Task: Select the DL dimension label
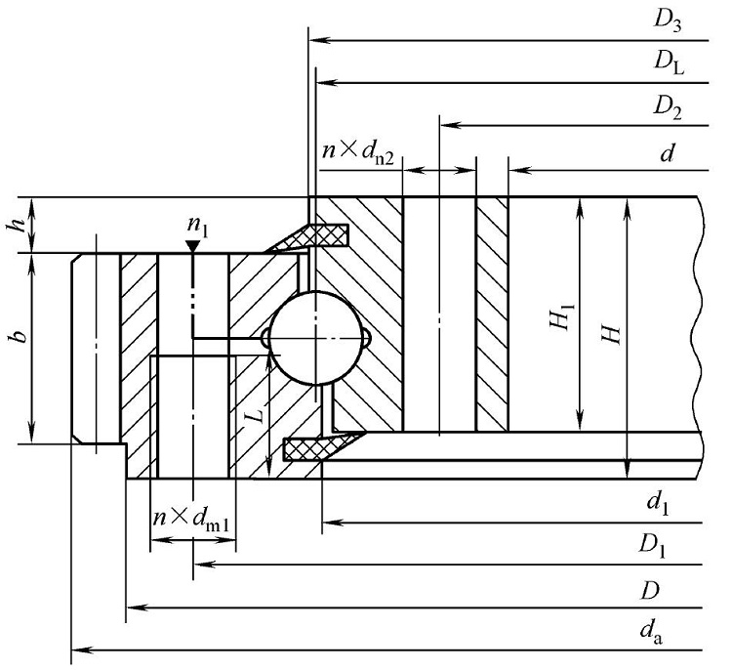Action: point(669,65)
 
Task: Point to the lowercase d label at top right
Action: point(669,152)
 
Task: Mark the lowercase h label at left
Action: point(14,225)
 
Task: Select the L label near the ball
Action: point(254,414)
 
